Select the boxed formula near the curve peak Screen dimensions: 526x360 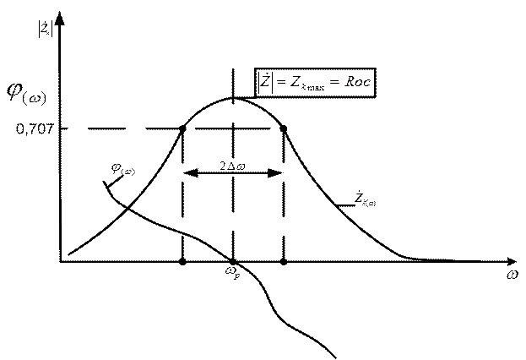316,83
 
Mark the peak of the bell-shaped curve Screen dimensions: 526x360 234,98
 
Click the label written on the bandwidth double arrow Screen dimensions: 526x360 229,166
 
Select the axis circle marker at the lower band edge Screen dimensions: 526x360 184,260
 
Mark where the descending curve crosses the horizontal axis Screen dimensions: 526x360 233,259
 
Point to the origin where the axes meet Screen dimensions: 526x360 62,259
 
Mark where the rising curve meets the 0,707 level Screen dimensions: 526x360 184,129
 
